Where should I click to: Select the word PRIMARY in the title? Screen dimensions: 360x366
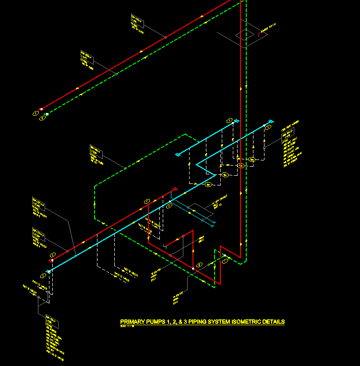[x=132, y=322]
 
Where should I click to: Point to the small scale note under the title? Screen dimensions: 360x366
[x=127, y=326]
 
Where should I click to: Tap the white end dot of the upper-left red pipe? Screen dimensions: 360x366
[x=41, y=109]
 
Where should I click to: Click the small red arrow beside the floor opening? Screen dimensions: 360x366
[x=259, y=34]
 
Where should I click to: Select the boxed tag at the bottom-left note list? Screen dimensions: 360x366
[x=52, y=322]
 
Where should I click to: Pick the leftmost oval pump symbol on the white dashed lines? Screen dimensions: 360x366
[x=208, y=184]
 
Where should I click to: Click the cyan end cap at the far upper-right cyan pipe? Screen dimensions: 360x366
[x=270, y=121]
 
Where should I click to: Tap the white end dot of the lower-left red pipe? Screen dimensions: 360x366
[x=51, y=260]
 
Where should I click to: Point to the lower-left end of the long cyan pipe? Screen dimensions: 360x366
[x=48, y=272]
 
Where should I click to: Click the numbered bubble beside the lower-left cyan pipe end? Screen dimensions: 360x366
[x=43, y=276]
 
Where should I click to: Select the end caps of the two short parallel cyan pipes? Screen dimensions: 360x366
[x=211, y=222]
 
